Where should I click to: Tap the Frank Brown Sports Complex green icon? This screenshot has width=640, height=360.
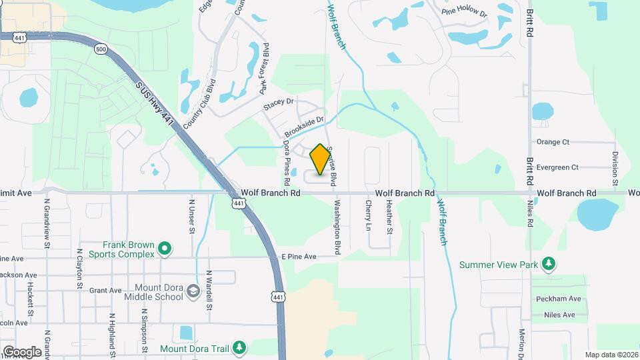point(165,250)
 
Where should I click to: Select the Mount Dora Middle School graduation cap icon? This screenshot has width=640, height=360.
point(193,291)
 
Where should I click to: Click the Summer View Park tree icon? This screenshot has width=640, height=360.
point(549,264)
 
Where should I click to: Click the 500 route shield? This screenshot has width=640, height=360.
point(101,49)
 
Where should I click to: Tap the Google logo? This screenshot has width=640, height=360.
point(22,351)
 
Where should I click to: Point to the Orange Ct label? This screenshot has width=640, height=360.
point(553,142)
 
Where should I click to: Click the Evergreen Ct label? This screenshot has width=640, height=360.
point(556,167)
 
